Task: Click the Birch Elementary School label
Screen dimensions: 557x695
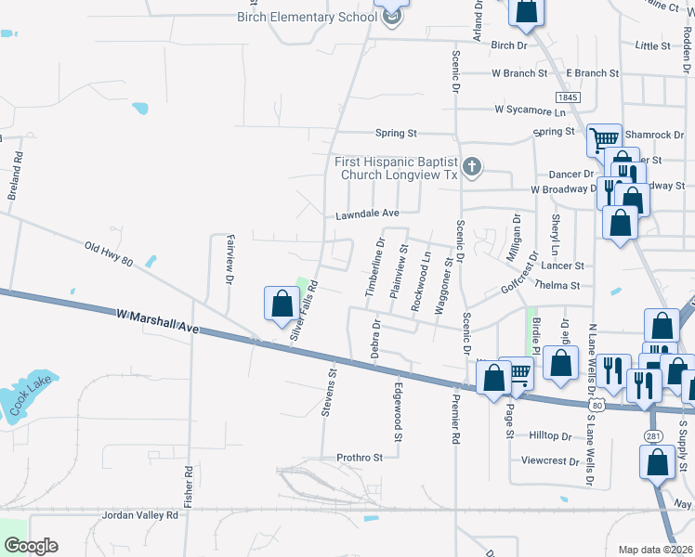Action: pos(306,17)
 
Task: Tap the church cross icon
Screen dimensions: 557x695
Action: pos(472,167)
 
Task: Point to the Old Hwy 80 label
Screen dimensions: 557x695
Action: pos(110,253)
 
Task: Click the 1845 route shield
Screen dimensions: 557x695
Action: pos(568,97)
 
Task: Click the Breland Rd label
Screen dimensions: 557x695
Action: pos(16,181)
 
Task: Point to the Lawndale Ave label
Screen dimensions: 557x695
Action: pos(367,214)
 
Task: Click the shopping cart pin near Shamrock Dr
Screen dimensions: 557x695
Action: pos(604,140)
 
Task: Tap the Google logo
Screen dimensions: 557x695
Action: pos(30,546)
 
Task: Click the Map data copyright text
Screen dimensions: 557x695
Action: pos(655,550)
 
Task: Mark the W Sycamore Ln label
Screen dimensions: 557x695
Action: pos(530,110)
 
